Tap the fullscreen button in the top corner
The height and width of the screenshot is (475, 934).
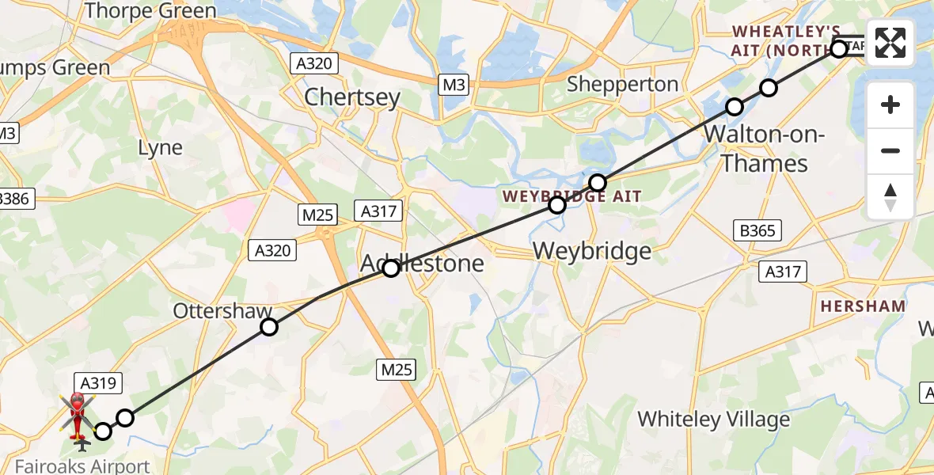[890, 43]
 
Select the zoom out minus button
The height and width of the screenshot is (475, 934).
[890, 150]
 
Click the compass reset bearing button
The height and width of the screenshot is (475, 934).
[890, 196]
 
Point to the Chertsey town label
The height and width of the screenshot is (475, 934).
[352, 97]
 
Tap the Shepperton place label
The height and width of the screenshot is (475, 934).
[622, 85]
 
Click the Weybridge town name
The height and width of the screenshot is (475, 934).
[592, 251]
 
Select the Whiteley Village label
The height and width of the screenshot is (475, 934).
[714, 419]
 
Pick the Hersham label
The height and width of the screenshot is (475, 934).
[863, 306]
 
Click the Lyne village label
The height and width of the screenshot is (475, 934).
[160, 148]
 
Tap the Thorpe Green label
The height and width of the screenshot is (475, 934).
[150, 11]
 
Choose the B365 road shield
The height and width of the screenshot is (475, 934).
[757, 231]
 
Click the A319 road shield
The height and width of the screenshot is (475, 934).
[98, 384]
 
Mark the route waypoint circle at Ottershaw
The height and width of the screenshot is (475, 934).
[269, 327]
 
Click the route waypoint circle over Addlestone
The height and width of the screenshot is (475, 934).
[391, 268]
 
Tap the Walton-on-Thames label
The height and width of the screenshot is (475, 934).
[764, 150]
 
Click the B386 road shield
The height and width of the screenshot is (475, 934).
[16, 198]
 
